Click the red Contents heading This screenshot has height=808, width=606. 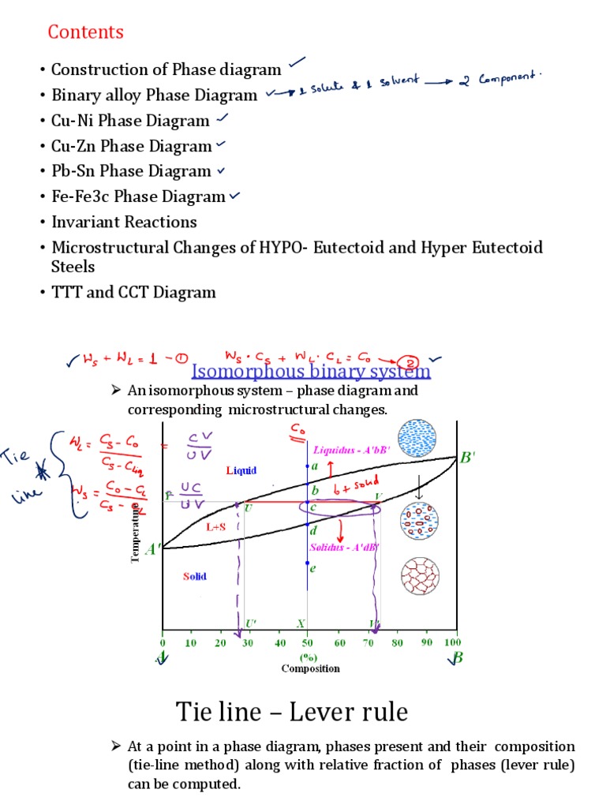point(85,32)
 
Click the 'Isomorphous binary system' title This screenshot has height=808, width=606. point(312,371)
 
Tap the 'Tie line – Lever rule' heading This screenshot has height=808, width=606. point(292,713)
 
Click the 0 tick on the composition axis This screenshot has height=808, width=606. point(163,642)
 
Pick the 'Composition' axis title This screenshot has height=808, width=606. point(311,668)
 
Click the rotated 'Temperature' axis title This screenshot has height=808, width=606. point(136,533)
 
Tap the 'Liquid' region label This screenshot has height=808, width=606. point(241,470)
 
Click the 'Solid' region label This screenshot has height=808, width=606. point(194,576)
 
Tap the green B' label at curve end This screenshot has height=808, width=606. point(468,458)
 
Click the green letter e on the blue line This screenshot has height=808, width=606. point(313,568)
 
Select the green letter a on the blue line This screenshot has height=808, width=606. point(314,466)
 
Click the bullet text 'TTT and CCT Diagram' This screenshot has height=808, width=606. point(133,292)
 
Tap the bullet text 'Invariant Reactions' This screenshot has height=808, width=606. point(124,222)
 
